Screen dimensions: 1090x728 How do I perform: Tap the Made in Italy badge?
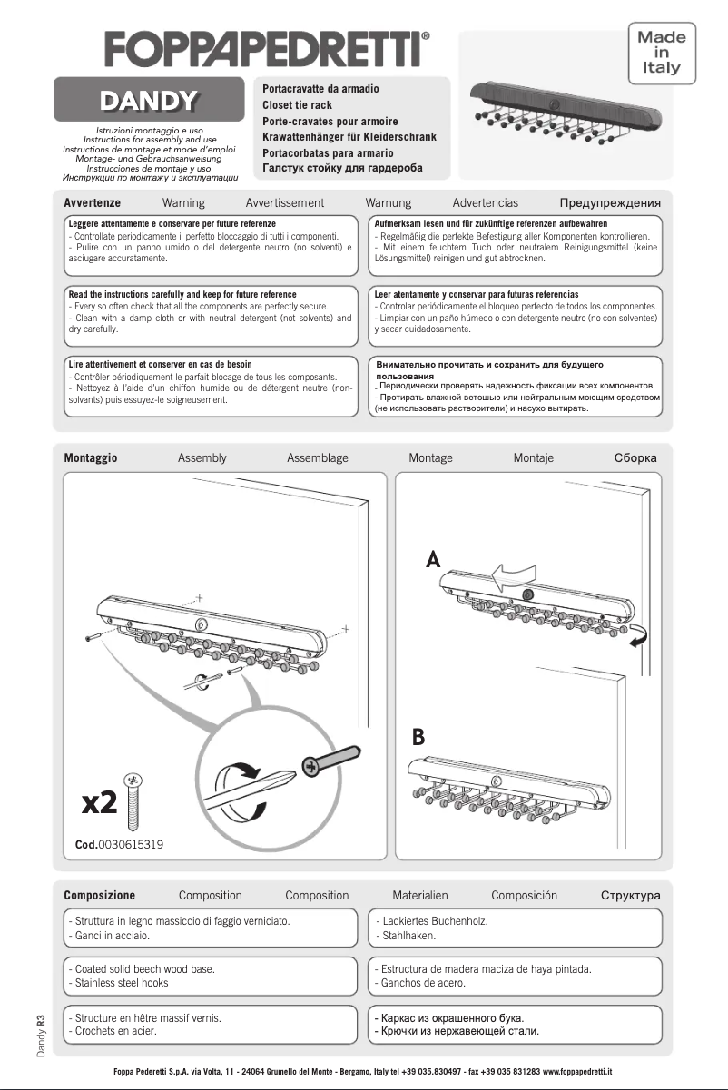[662, 53]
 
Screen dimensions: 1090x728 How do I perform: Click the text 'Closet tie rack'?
[297, 105]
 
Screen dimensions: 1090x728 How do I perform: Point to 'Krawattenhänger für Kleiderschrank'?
[349, 137]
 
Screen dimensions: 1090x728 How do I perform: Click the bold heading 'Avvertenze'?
[93, 203]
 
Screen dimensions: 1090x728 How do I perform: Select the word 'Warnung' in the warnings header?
[388, 203]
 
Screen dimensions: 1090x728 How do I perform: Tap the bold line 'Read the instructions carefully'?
[182, 295]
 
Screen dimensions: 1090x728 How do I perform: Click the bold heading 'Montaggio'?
[91, 458]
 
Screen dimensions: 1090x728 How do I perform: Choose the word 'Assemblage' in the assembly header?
[317, 458]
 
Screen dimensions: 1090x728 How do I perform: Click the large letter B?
[418, 737]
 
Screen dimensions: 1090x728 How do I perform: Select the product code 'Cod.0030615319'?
[119, 845]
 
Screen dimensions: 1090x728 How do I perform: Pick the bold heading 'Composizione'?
[99, 896]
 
